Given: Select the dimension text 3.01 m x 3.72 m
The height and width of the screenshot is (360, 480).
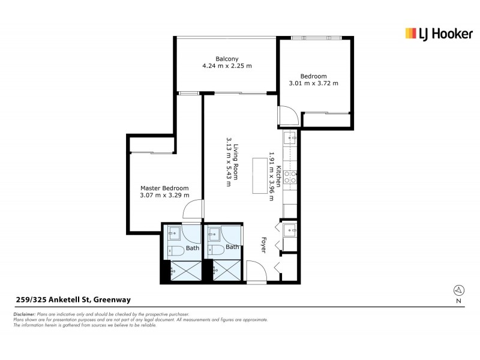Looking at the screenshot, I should click(x=313, y=83).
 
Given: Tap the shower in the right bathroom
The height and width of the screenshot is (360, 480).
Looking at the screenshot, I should click(x=225, y=271).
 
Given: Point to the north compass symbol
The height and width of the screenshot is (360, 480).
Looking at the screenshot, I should click(x=458, y=290).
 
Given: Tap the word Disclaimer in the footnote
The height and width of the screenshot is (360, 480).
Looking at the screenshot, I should click(x=25, y=314).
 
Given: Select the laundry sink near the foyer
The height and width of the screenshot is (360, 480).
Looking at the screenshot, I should click(x=290, y=229).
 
